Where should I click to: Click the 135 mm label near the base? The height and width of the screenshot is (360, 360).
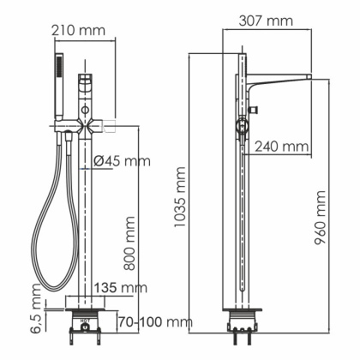point(120,286)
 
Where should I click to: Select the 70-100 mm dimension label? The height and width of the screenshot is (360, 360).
point(152,322)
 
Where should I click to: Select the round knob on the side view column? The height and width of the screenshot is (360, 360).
point(242,128)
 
